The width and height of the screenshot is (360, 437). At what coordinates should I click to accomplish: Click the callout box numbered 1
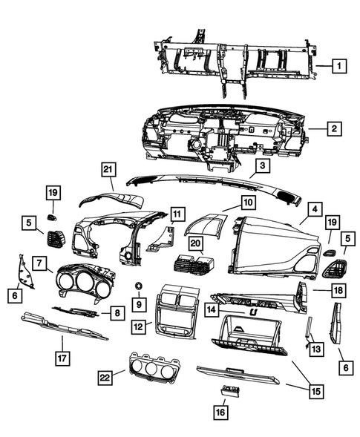pos(337,66)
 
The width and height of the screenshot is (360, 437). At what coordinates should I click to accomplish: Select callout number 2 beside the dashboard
pos(334,128)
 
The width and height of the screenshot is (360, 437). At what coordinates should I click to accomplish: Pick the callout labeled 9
pos(138,303)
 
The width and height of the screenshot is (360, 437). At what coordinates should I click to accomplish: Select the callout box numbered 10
pos(247,202)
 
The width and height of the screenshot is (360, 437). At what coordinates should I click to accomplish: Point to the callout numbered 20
pos(195,243)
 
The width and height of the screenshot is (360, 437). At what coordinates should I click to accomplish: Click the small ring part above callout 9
pos(138,286)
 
